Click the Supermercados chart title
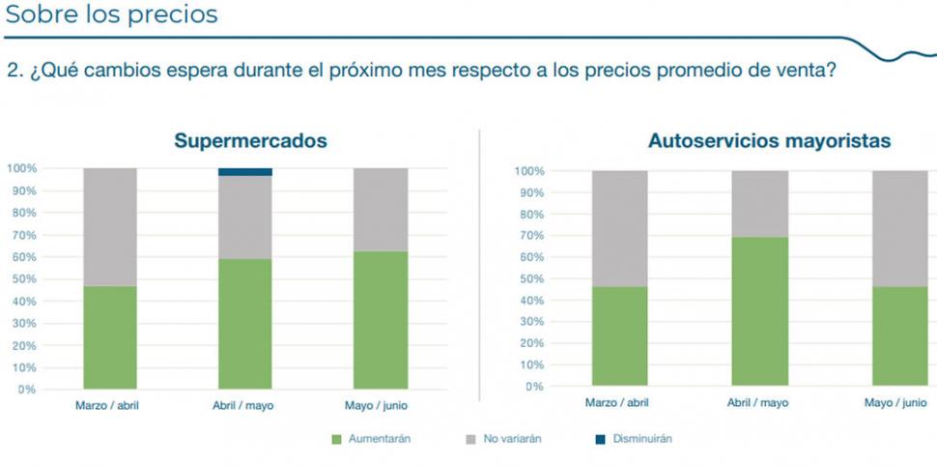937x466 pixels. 250,141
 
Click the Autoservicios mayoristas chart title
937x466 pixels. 769,141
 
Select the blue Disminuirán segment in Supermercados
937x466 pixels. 245,172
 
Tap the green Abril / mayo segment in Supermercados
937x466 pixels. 245,324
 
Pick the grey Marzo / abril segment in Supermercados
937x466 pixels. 110,227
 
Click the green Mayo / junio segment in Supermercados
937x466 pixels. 381,320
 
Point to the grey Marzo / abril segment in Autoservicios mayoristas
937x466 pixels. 620,228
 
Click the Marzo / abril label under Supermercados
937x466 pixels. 107,406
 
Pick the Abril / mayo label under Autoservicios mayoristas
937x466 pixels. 758,402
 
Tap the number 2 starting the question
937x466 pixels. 13,71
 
